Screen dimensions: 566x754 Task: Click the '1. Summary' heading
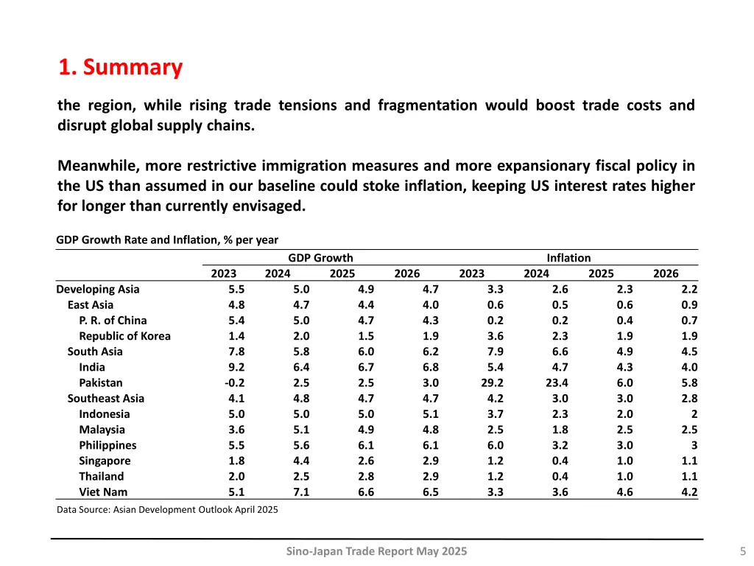[121, 67]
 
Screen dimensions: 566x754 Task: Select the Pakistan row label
[101, 382]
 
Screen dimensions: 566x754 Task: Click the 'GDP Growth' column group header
[320, 258]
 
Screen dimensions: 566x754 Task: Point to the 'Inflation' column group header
[568, 258]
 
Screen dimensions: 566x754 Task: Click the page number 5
[742, 551]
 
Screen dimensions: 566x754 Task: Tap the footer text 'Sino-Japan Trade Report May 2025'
[376, 551]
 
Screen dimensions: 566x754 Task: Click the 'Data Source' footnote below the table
[167, 509]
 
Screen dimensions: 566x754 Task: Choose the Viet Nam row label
[103, 492]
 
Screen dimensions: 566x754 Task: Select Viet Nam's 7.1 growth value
[300, 492]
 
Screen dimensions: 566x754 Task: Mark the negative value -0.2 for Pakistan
[235, 382]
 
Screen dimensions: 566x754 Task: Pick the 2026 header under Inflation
[666, 273]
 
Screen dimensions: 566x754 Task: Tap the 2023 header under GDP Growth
[224, 273]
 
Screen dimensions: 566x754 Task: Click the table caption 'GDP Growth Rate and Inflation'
[167, 240]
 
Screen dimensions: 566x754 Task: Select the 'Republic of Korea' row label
[124, 336]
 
